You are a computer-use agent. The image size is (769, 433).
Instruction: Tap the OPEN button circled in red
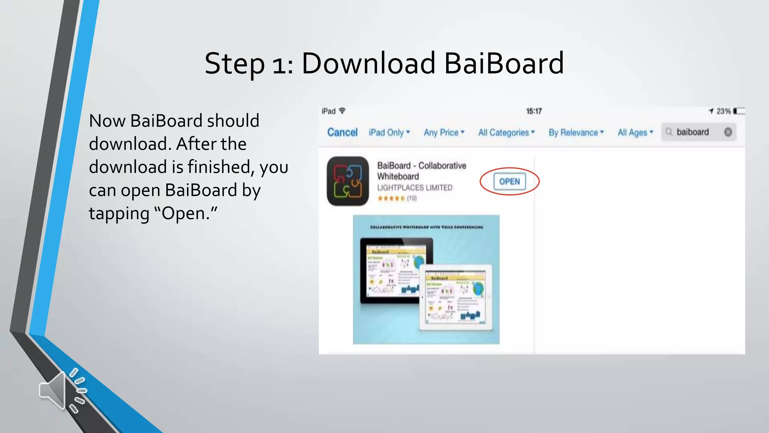[509, 182]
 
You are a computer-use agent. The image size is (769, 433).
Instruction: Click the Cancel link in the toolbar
[342, 132]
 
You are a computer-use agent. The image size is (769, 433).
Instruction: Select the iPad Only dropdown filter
[389, 132]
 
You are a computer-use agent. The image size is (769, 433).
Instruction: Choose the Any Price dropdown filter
[444, 132]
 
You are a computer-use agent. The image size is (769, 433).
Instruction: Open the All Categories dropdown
[506, 132]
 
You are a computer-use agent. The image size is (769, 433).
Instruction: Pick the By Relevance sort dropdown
[576, 132]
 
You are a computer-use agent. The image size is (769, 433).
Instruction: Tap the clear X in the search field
[728, 132]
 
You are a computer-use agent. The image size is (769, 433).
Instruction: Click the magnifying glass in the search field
[669, 132]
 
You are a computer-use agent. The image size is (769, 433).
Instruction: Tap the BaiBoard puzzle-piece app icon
[348, 181]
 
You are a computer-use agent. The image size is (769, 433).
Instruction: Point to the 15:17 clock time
[534, 111]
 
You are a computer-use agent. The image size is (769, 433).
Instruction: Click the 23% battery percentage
[723, 111]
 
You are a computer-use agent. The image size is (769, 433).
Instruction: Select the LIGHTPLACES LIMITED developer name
[415, 188]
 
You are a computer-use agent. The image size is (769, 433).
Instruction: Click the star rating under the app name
[391, 198]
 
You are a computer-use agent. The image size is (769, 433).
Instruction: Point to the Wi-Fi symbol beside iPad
[342, 111]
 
